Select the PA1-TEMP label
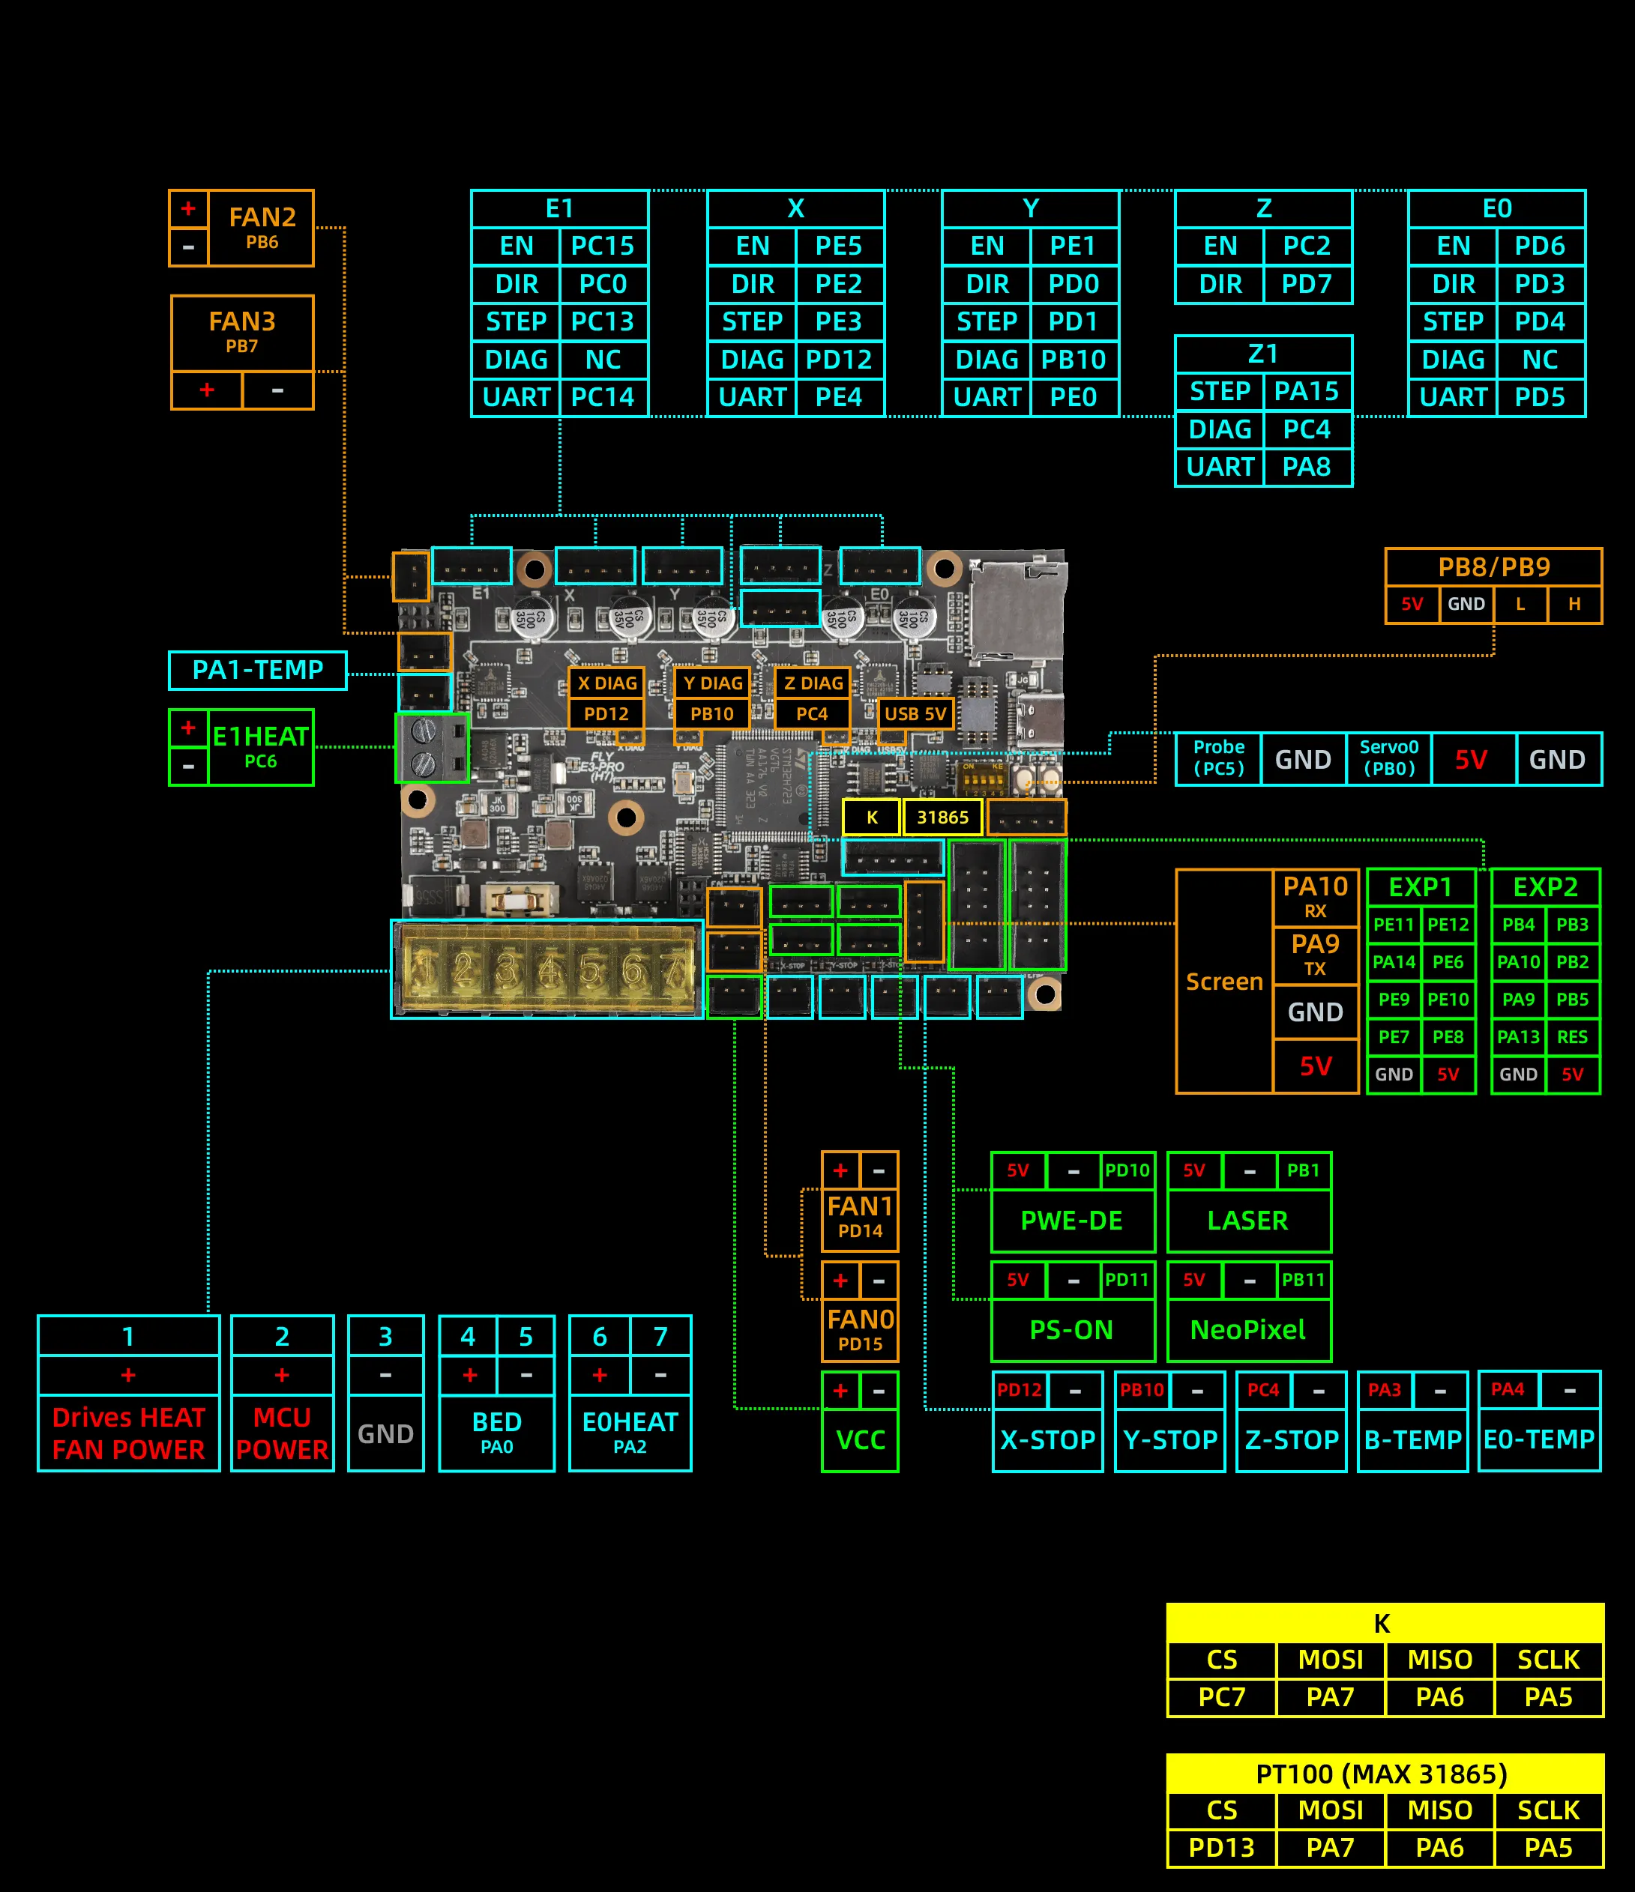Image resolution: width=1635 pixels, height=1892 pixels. tap(258, 670)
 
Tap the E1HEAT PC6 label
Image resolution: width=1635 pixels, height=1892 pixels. tap(260, 747)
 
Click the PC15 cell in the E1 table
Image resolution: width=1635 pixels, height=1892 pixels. tap(603, 246)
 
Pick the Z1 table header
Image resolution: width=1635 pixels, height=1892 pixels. tap(1262, 354)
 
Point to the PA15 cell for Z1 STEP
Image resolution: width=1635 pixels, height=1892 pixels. tap(1306, 392)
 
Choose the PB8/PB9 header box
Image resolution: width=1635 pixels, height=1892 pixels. tap(1493, 567)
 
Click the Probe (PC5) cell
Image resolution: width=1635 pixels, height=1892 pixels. tap(1218, 759)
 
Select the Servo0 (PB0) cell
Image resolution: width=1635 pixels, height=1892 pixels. tap(1388, 759)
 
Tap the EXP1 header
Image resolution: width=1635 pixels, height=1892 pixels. tap(1421, 886)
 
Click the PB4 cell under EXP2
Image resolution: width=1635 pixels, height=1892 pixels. tap(1518, 924)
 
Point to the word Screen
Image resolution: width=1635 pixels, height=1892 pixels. tap(1224, 982)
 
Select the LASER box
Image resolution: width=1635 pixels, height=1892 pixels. tap(1247, 1220)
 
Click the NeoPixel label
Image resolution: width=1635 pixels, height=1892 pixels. tap(1247, 1329)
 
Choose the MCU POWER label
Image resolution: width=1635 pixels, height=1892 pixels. tap(281, 1433)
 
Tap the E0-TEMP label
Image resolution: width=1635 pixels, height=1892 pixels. tap(1538, 1439)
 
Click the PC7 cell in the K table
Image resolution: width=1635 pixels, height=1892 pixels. tap(1221, 1696)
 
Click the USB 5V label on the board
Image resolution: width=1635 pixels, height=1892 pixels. tap(915, 714)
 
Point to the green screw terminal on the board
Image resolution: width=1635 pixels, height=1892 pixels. tap(431, 748)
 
